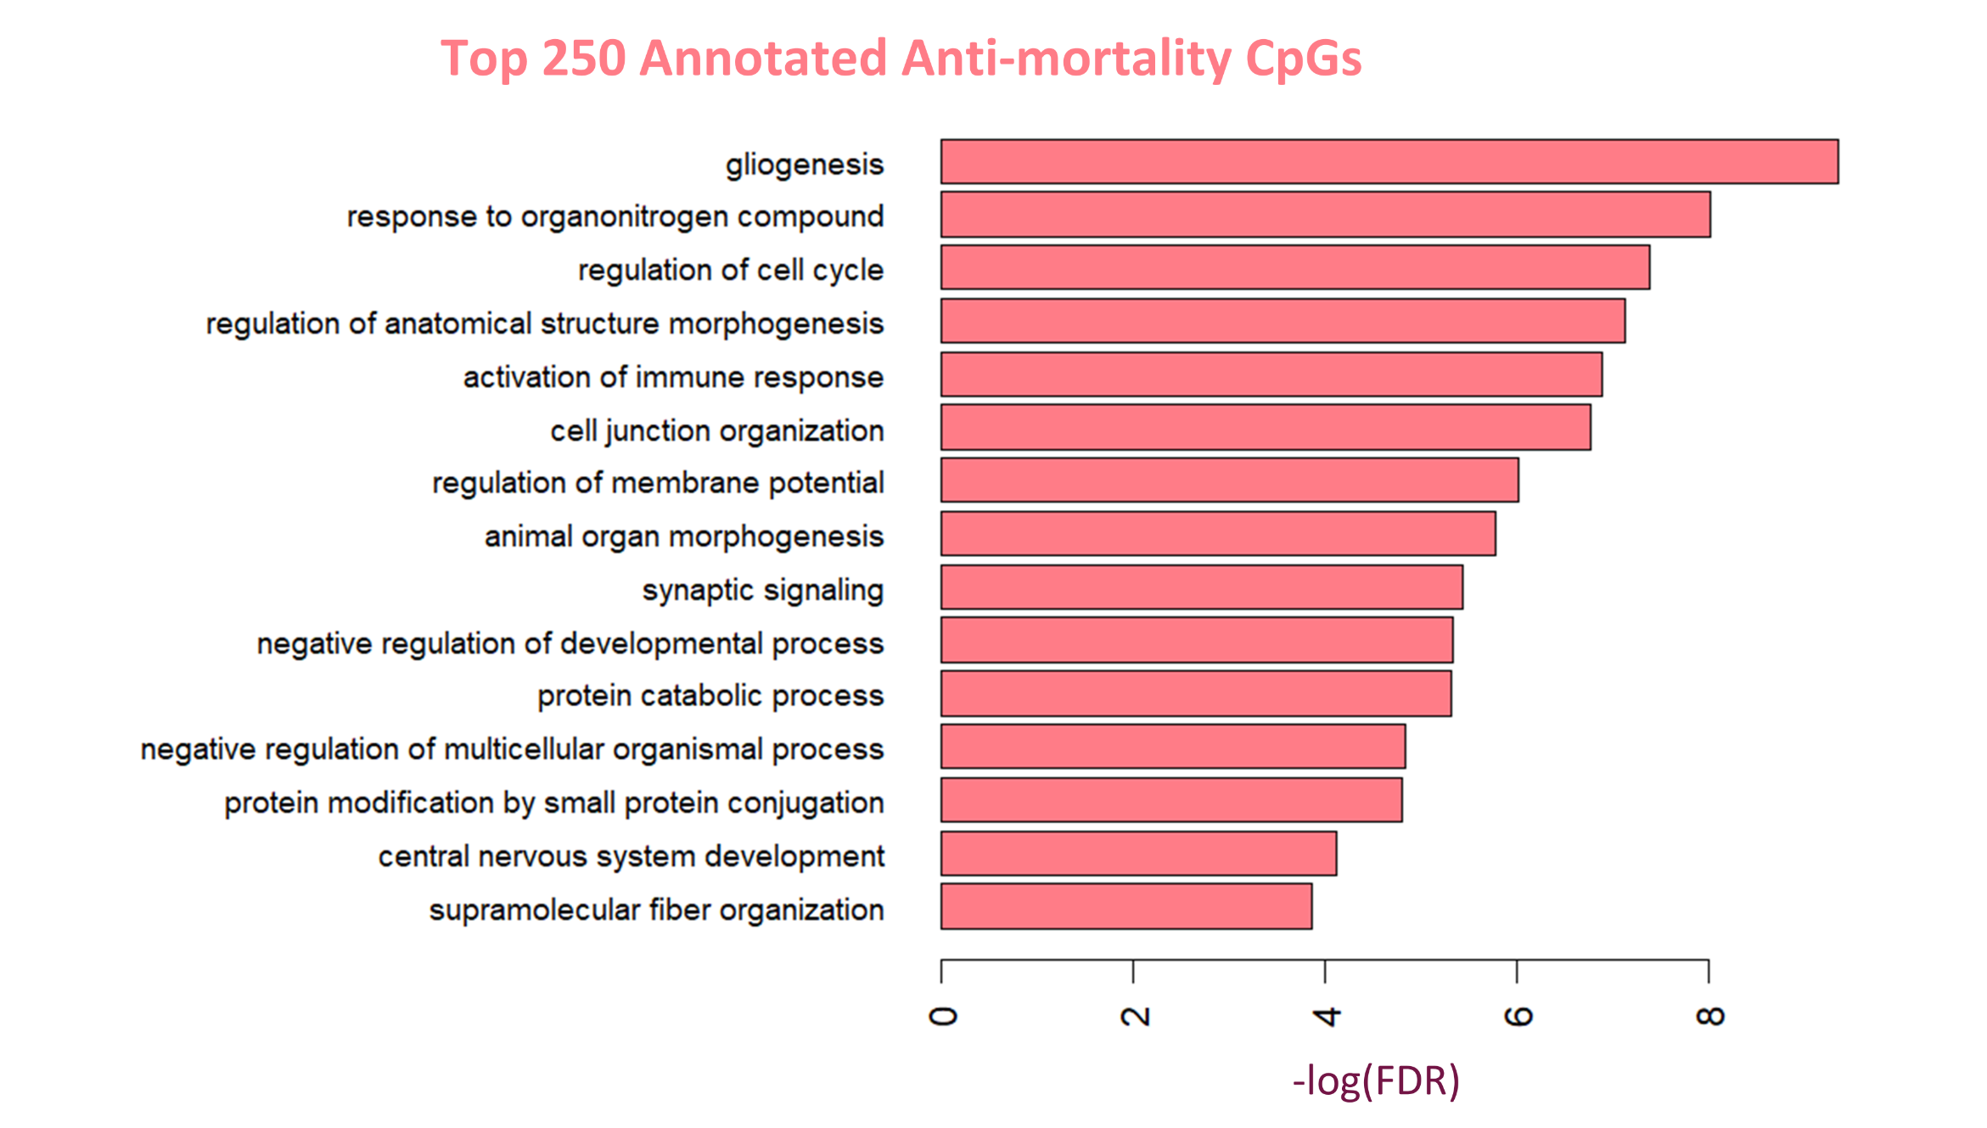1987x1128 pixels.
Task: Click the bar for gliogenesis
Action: point(1389,161)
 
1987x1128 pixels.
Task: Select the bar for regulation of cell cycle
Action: point(1294,267)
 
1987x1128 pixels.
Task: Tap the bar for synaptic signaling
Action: point(1201,587)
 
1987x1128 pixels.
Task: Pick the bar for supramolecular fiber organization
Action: point(1125,906)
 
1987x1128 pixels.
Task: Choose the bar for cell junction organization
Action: point(1265,427)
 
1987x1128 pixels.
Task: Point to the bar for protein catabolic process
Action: point(1195,693)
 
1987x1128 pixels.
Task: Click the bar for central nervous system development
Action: point(1138,853)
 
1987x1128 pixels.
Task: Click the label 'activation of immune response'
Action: point(673,377)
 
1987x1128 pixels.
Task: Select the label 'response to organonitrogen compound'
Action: point(615,216)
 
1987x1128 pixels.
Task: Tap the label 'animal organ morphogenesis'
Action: point(684,536)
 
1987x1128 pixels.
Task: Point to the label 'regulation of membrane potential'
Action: point(658,483)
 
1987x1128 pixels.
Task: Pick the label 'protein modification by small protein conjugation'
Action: point(554,803)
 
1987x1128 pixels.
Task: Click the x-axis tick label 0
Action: point(942,1017)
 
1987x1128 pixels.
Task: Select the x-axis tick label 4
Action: point(1326,1017)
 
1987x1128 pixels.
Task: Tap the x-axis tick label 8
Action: point(1709,1017)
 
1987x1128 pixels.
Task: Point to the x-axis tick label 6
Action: point(1518,1017)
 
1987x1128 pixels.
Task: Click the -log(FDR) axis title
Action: point(1376,1081)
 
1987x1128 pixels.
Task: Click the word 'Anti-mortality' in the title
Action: point(1066,59)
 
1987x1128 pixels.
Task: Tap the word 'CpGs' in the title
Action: point(1303,59)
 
